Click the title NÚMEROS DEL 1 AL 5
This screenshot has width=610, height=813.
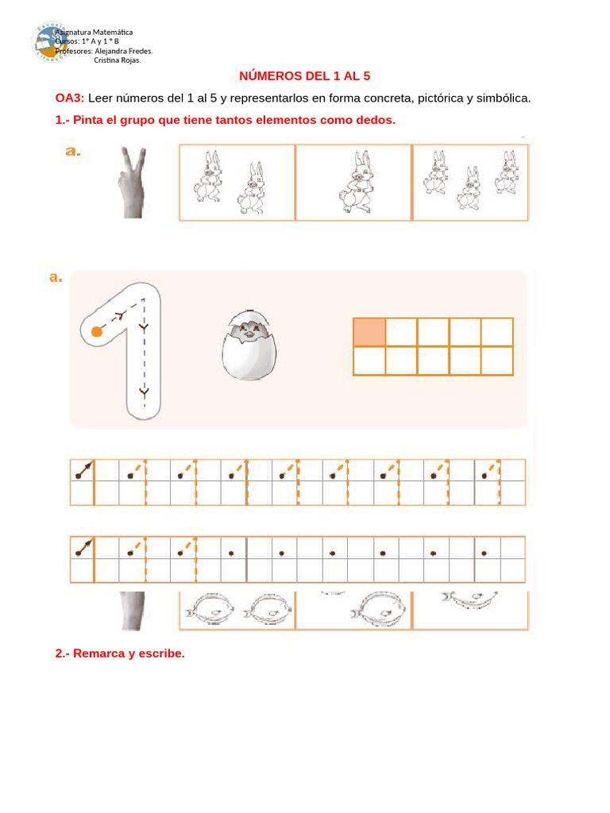tap(305, 76)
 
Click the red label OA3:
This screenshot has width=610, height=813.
tap(69, 98)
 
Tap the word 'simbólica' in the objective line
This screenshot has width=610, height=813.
tap(501, 98)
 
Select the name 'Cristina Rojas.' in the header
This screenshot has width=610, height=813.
tap(118, 60)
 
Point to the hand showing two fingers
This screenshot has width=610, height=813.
tap(131, 182)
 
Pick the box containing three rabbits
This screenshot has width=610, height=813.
tap(470, 182)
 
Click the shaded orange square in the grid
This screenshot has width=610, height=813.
tap(369, 332)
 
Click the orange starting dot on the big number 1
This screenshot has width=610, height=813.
tap(97, 331)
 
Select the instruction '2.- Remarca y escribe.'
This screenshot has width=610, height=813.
tap(120, 653)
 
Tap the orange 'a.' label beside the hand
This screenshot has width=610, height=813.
tap(73, 151)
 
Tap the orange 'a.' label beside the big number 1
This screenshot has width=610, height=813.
tap(56, 277)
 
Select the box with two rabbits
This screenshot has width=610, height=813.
tap(237, 182)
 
